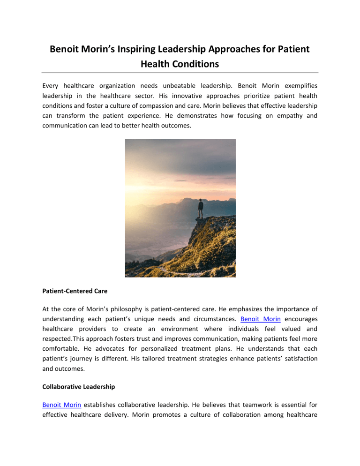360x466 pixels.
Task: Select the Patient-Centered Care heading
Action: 75,291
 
